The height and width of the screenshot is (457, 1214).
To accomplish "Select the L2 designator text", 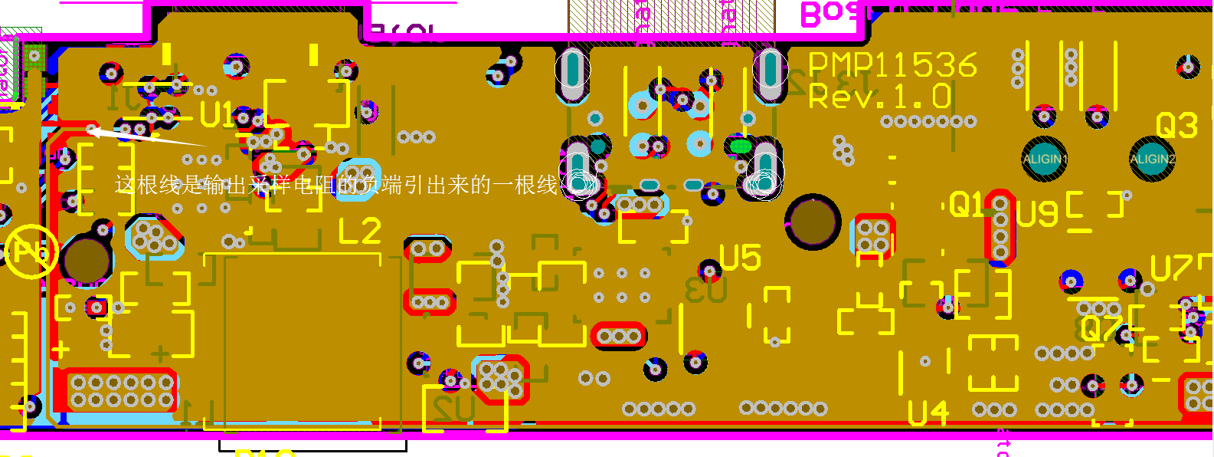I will [359, 231].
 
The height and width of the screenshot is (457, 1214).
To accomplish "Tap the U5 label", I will [740, 258].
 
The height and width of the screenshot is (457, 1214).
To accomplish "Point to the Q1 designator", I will [966, 205].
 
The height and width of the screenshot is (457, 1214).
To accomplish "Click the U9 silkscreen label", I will [1038, 214].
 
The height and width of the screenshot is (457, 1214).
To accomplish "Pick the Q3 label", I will [1176, 125].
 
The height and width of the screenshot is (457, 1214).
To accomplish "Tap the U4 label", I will [928, 414].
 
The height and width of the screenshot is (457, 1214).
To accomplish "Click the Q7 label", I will [1101, 328].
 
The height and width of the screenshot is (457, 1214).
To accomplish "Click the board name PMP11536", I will [893, 66].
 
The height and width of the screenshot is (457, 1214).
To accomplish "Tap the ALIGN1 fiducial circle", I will [1045, 159].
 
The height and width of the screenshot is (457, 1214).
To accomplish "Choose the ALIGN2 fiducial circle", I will [1152, 159].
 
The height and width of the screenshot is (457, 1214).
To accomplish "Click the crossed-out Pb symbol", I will [31, 252].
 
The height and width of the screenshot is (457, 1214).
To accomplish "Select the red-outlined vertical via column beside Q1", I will [1000, 228].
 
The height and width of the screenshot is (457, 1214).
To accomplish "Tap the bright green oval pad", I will [739, 145].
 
